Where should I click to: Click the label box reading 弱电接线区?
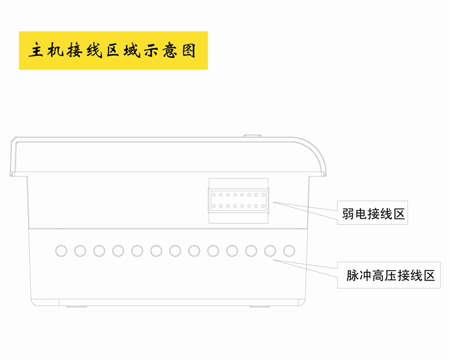(x=373, y=213)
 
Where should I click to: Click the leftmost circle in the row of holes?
(x=61, y=250)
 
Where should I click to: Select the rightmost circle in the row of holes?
(x=290, y=250)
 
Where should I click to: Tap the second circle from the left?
(x=80, y=250)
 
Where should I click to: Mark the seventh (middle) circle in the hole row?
(x=175, y=250)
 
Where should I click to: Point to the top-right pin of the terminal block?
(x=263, y=195)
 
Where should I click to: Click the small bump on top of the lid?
(x=253, y=135)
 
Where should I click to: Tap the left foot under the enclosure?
(x=76, y=307)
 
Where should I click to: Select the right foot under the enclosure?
(x=260, y=307)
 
